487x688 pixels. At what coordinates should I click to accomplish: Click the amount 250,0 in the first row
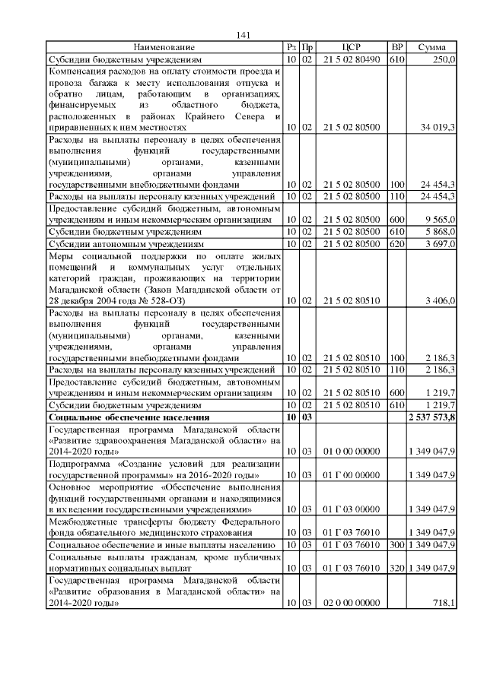pos(444,59)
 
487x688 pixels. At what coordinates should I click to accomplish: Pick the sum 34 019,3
pos(438,127)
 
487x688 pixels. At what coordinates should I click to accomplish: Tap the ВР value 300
pos(396,545)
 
